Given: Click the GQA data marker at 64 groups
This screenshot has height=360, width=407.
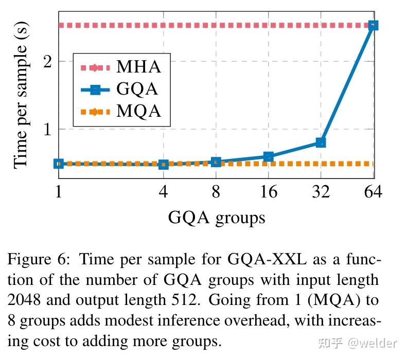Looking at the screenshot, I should pos(373,25).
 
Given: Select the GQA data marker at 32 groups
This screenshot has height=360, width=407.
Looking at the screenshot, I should pos(321,142).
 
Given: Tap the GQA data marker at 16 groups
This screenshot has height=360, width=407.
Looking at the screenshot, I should pos(268,156).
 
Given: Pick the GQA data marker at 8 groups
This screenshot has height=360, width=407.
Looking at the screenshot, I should pos(216,162).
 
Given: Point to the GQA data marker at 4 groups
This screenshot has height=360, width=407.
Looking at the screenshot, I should pos(164,165).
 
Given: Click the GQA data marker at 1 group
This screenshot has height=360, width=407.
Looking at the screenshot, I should pos(59,164).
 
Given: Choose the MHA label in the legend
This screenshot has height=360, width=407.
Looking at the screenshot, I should pos(138,67).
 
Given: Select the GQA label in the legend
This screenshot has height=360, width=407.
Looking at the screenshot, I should pos(137,89).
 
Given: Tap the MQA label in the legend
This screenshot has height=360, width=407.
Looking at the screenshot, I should pos(138,111).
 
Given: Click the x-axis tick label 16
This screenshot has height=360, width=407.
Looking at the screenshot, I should pos(268,192).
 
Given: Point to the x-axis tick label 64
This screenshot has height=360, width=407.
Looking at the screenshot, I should pos(373,192).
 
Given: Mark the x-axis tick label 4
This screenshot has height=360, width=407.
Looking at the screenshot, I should pos(164,192).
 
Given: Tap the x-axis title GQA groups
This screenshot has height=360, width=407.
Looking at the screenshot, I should pos(217,218).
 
